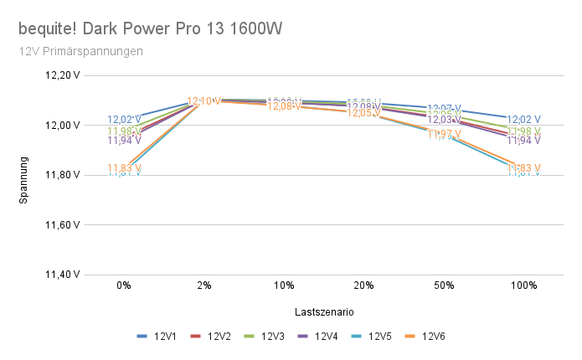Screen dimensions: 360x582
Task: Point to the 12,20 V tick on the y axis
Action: click(x=63, y=75)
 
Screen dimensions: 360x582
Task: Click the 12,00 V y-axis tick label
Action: click(x=63, y=125)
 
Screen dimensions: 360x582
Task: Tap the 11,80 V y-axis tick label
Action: click(x=63, y=175)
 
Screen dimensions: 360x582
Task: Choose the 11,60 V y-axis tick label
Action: click(x=63, y=225)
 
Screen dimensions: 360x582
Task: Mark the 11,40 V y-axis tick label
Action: click(x=63, y=275)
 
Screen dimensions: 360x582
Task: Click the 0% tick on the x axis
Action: click(x=124, y=285)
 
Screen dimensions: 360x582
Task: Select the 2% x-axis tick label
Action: click(x=203, y=285)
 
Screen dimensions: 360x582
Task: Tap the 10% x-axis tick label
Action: click(x=284, y=285)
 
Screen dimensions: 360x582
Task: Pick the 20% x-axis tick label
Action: click(x=363, y=285)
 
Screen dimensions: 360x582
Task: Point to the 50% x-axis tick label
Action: click(x=444, y=285)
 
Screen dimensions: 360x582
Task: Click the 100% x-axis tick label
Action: click(x=523, y=285)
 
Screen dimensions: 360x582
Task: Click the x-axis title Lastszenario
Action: click(x=323, y=311)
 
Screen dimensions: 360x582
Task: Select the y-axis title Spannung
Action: click(x=24, y=180)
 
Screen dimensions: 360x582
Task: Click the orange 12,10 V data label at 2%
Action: click(x=203, y=101)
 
